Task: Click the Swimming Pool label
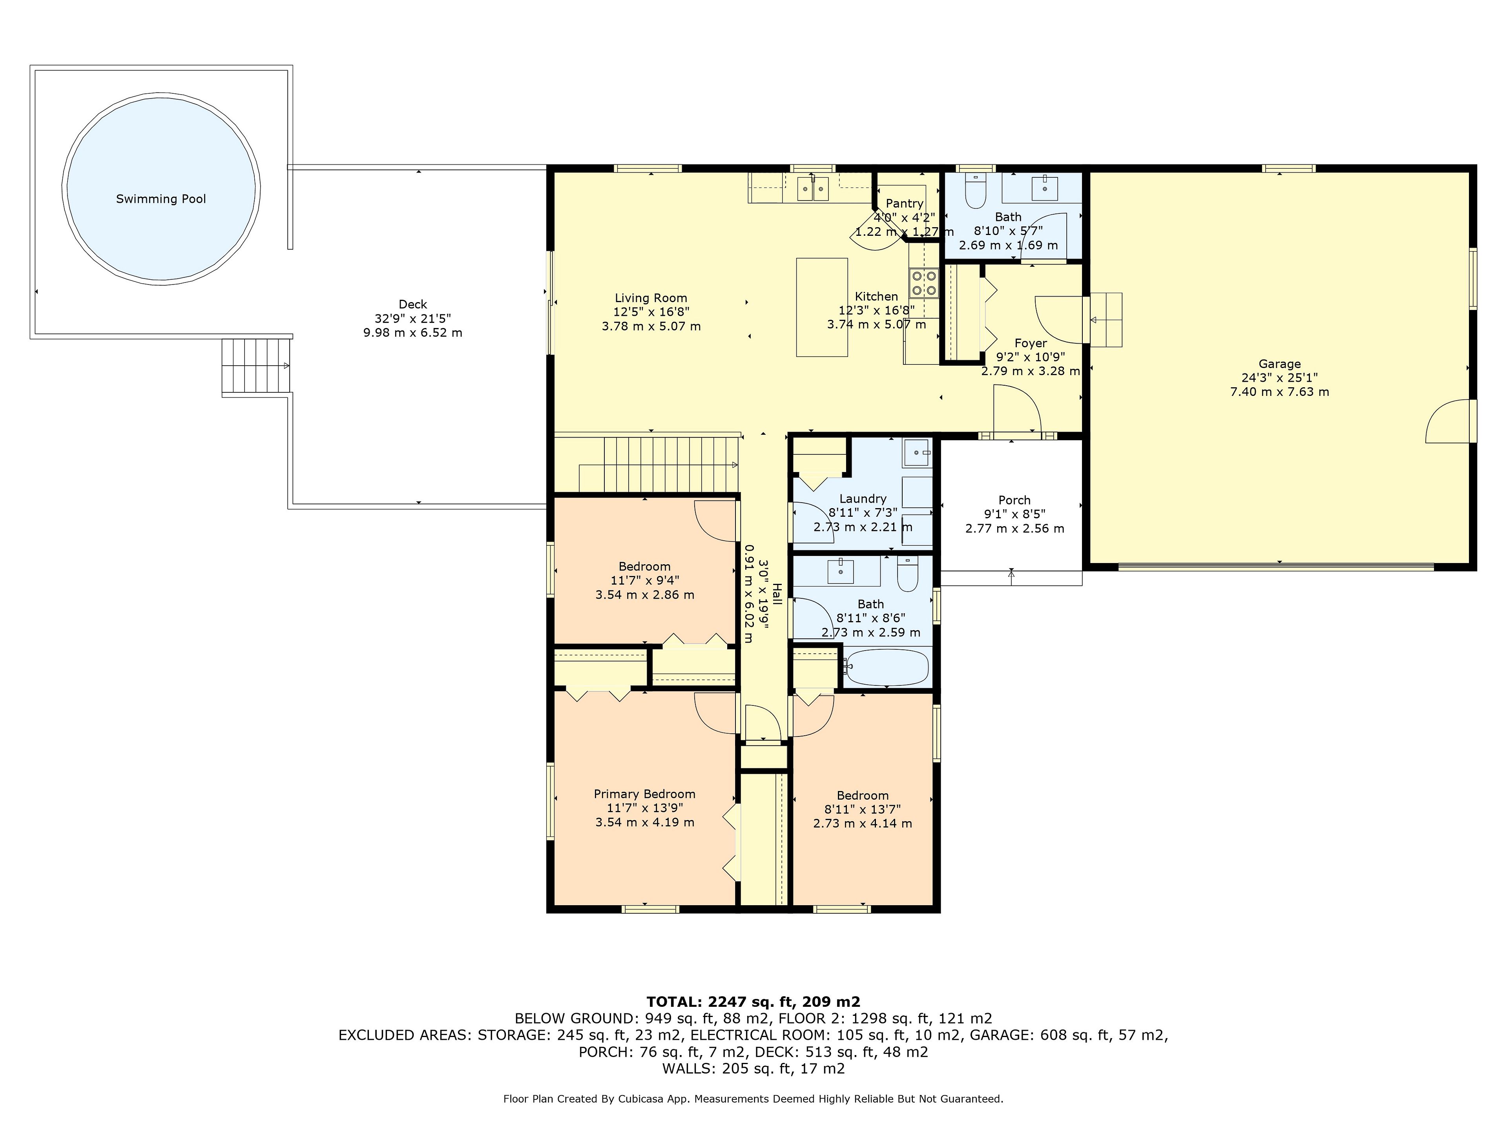161,199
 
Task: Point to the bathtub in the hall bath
887,667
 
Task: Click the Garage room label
1279,364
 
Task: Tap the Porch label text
1014,500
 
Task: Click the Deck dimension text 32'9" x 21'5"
413,318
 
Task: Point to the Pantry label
904,203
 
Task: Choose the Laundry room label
863,499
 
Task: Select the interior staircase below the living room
647,463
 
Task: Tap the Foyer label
1030,343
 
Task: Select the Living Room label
651,298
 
